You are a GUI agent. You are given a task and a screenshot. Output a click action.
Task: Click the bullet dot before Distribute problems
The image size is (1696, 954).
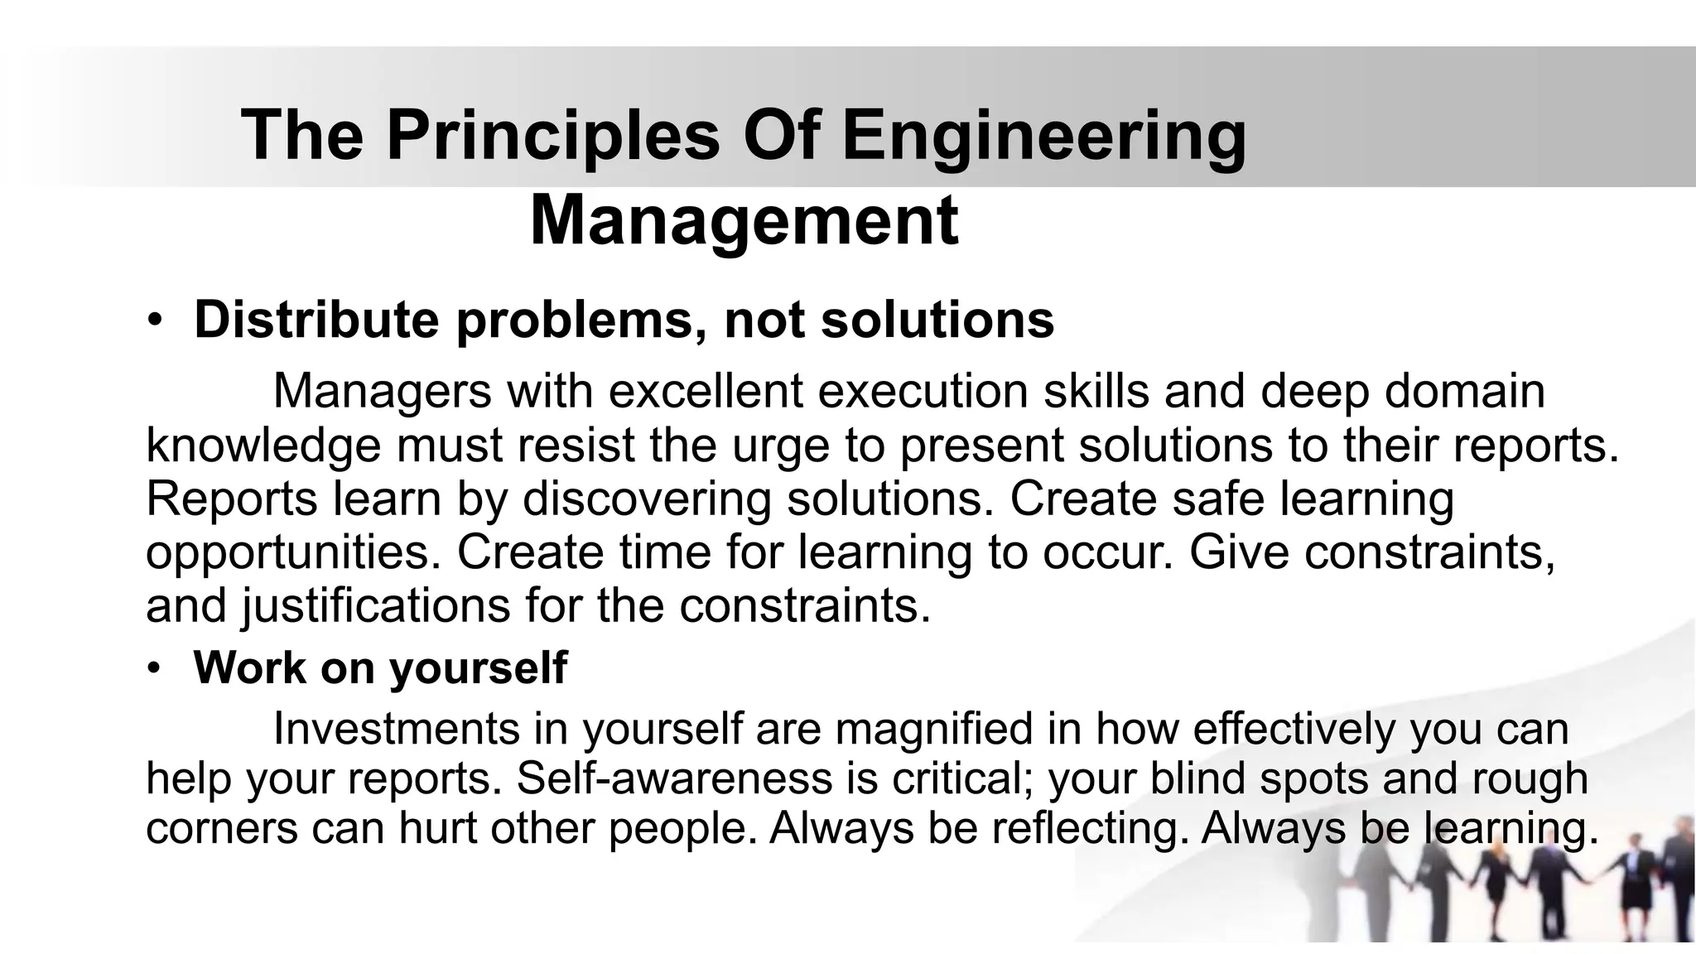[153, 321]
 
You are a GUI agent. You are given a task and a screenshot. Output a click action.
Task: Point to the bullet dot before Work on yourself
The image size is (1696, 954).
[153, 668]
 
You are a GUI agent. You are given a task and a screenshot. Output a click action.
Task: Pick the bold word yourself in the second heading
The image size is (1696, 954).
[478, 667]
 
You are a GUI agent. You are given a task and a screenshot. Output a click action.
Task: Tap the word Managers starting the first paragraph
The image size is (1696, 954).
[382, 390]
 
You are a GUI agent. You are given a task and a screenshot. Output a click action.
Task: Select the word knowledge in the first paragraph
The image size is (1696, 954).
[263, 445]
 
